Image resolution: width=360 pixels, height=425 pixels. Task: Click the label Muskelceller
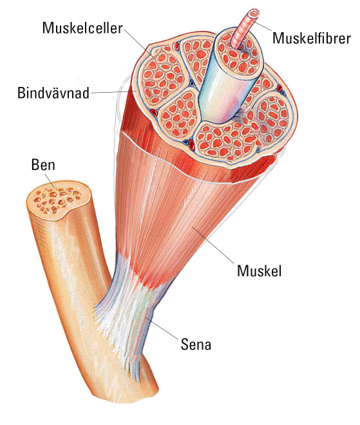(82, 28)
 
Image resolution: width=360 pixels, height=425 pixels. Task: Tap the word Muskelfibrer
(312, 38)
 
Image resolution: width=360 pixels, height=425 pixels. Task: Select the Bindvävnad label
(53, 93)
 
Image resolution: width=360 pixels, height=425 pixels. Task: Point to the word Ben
(43, 164)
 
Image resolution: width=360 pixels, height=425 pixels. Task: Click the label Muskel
(260, 270)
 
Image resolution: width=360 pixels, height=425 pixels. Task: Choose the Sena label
(196, 345)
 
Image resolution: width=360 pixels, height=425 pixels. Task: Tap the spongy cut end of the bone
(59, 200)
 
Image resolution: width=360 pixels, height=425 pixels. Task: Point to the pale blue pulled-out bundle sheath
(225, 81)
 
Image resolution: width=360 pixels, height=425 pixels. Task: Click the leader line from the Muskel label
(213, 244)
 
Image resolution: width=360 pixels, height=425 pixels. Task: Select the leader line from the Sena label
(162, 328)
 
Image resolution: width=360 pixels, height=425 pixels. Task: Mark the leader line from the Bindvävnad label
(113, 92)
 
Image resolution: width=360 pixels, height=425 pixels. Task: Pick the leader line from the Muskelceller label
(139, 43)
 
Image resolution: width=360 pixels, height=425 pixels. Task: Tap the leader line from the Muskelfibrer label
(263, 26)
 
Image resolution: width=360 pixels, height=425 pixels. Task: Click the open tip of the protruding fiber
(254, 12)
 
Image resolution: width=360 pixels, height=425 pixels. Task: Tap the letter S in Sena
(185, 345)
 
